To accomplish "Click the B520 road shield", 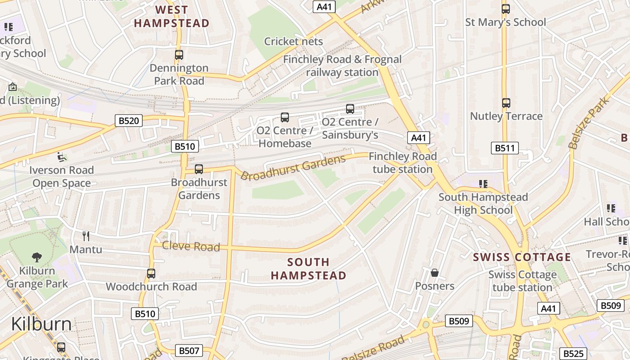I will (129, 121).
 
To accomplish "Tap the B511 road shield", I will (504, 148).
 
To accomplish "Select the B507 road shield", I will (189, 351).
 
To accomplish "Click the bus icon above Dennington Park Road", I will (179, 55).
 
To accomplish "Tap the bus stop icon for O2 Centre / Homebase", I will (285, 117).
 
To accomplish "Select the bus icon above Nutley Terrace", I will (506, 103).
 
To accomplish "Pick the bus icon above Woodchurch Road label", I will (151, 273).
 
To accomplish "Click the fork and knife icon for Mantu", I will (86, 236).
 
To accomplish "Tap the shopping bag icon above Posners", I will (435, 273).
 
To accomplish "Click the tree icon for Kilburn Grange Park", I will (37, 257).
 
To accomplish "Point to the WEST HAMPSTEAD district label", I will (172, 17).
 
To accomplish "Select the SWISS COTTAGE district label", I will (522, 257).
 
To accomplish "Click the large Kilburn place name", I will (41, 324).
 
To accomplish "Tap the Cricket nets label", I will (293, 41).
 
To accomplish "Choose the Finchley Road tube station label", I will (403, 162).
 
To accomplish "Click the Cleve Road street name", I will (191, 246).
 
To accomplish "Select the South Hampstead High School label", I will (483, 203).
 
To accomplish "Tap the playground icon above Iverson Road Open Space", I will (62, 157).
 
